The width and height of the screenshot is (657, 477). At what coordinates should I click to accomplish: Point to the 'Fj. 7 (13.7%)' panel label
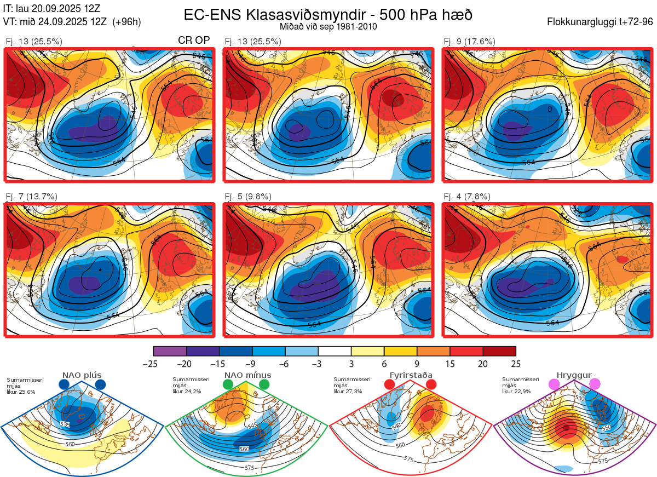(x=31, y=197)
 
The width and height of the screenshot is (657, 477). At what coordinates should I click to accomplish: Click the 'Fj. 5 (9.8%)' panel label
(x=248, y=197)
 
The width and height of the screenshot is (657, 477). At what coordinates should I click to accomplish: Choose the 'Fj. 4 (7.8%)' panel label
(x=467, y=197)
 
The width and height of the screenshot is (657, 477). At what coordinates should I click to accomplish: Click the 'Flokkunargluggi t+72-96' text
(x=601, y=22)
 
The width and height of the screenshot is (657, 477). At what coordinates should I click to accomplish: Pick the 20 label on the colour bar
(x=483, y=364)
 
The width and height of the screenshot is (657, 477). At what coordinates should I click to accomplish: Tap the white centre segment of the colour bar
(x=335, y=351)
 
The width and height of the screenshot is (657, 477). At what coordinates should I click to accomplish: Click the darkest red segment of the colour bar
(x=499, y=351)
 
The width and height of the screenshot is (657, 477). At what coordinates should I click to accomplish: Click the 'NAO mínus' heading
(x=247, y=376)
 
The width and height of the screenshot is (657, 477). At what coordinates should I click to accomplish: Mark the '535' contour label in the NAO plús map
(x=65, y=424)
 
